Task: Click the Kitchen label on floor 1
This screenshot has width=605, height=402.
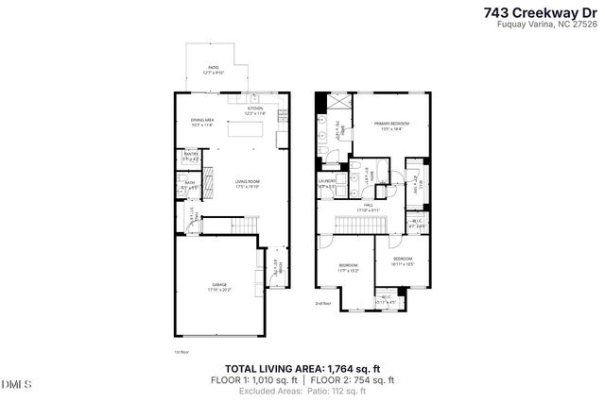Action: point(253,110)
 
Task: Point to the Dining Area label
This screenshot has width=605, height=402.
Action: point(202,122)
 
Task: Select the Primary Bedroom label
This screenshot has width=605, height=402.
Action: point(389,126)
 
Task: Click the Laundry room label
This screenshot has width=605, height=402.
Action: point(327,184)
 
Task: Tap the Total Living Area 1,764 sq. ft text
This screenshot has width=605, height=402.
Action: point(302,368)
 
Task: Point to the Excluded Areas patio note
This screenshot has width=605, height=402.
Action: point(302,391)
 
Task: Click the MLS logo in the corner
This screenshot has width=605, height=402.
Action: point(16,384)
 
